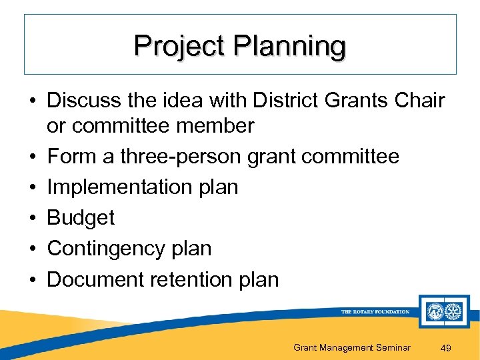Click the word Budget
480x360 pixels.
click(x=81, y=217)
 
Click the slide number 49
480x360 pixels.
click(x=446, y=347)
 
